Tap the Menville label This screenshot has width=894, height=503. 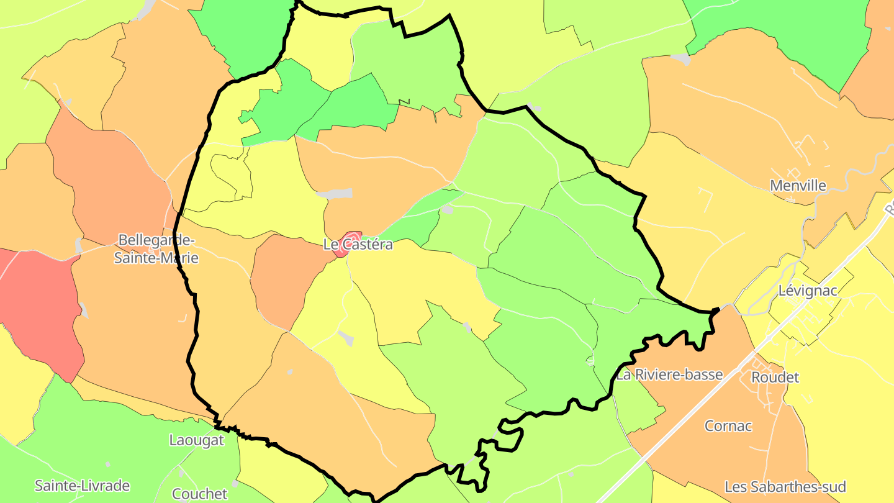point(798,186)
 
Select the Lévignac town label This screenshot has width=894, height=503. point(808,291)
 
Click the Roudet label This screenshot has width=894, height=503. point(775,378)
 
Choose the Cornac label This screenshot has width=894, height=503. point(728,426)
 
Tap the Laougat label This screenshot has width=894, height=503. point(196,440)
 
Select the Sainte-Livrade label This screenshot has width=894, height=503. point(82,486)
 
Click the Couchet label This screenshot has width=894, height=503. point(200,494)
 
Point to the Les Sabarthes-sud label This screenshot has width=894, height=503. point(785,487)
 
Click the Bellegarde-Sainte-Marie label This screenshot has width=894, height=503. point(156,248)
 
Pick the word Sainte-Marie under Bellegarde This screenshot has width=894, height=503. point(156,258)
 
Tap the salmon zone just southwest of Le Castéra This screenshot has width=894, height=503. point(286,279)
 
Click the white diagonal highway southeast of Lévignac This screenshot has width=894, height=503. point(683,422)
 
